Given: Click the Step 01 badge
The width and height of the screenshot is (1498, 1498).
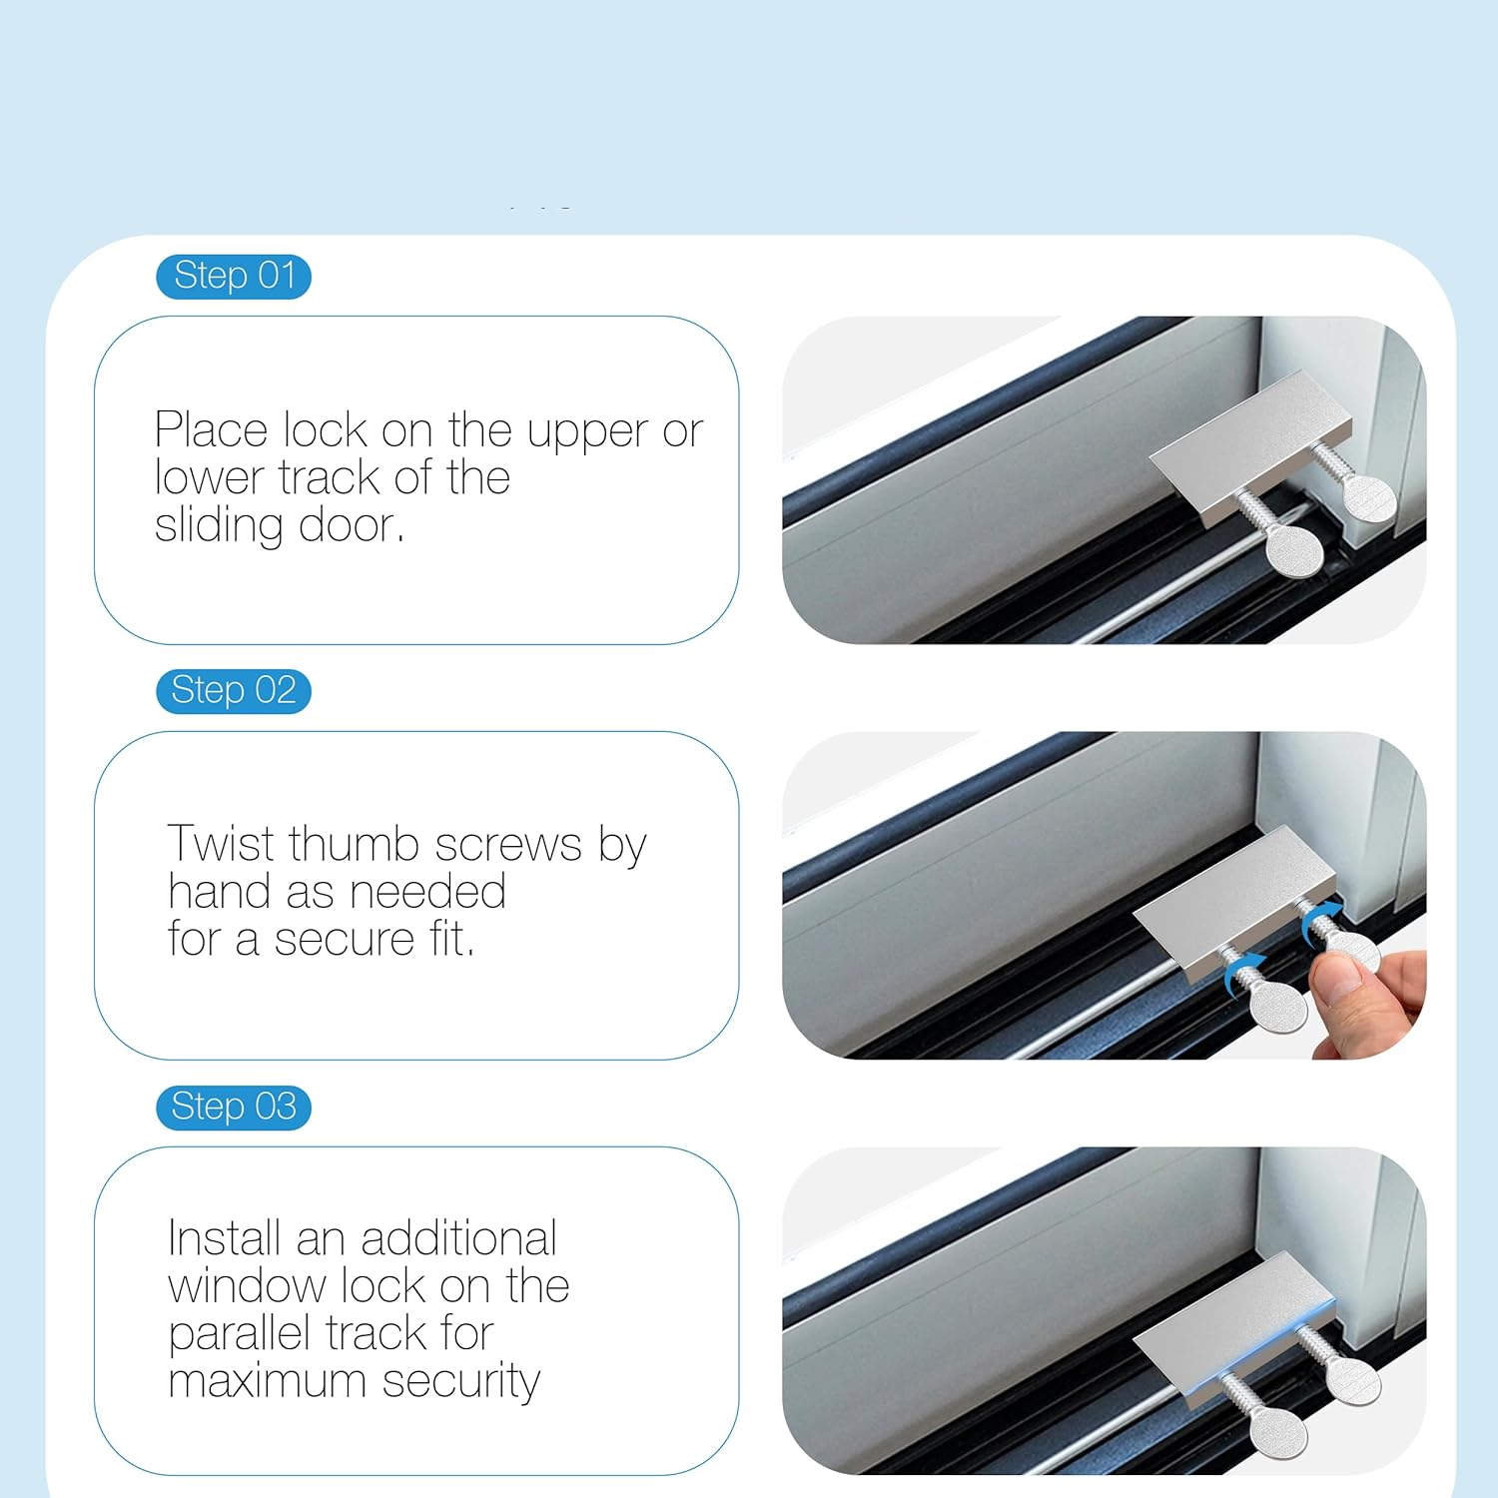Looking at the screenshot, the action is tap(234, 277).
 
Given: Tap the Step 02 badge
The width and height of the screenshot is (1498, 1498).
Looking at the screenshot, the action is tap(234, 691).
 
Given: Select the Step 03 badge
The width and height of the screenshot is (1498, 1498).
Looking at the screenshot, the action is tap(234, 1108).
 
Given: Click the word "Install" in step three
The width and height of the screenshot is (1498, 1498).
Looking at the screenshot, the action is tap(225, 1238).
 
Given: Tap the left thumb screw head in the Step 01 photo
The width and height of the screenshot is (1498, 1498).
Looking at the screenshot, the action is tap(1293, 550).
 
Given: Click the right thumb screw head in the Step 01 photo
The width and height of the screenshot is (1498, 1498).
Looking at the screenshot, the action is tap(1367, 497).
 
